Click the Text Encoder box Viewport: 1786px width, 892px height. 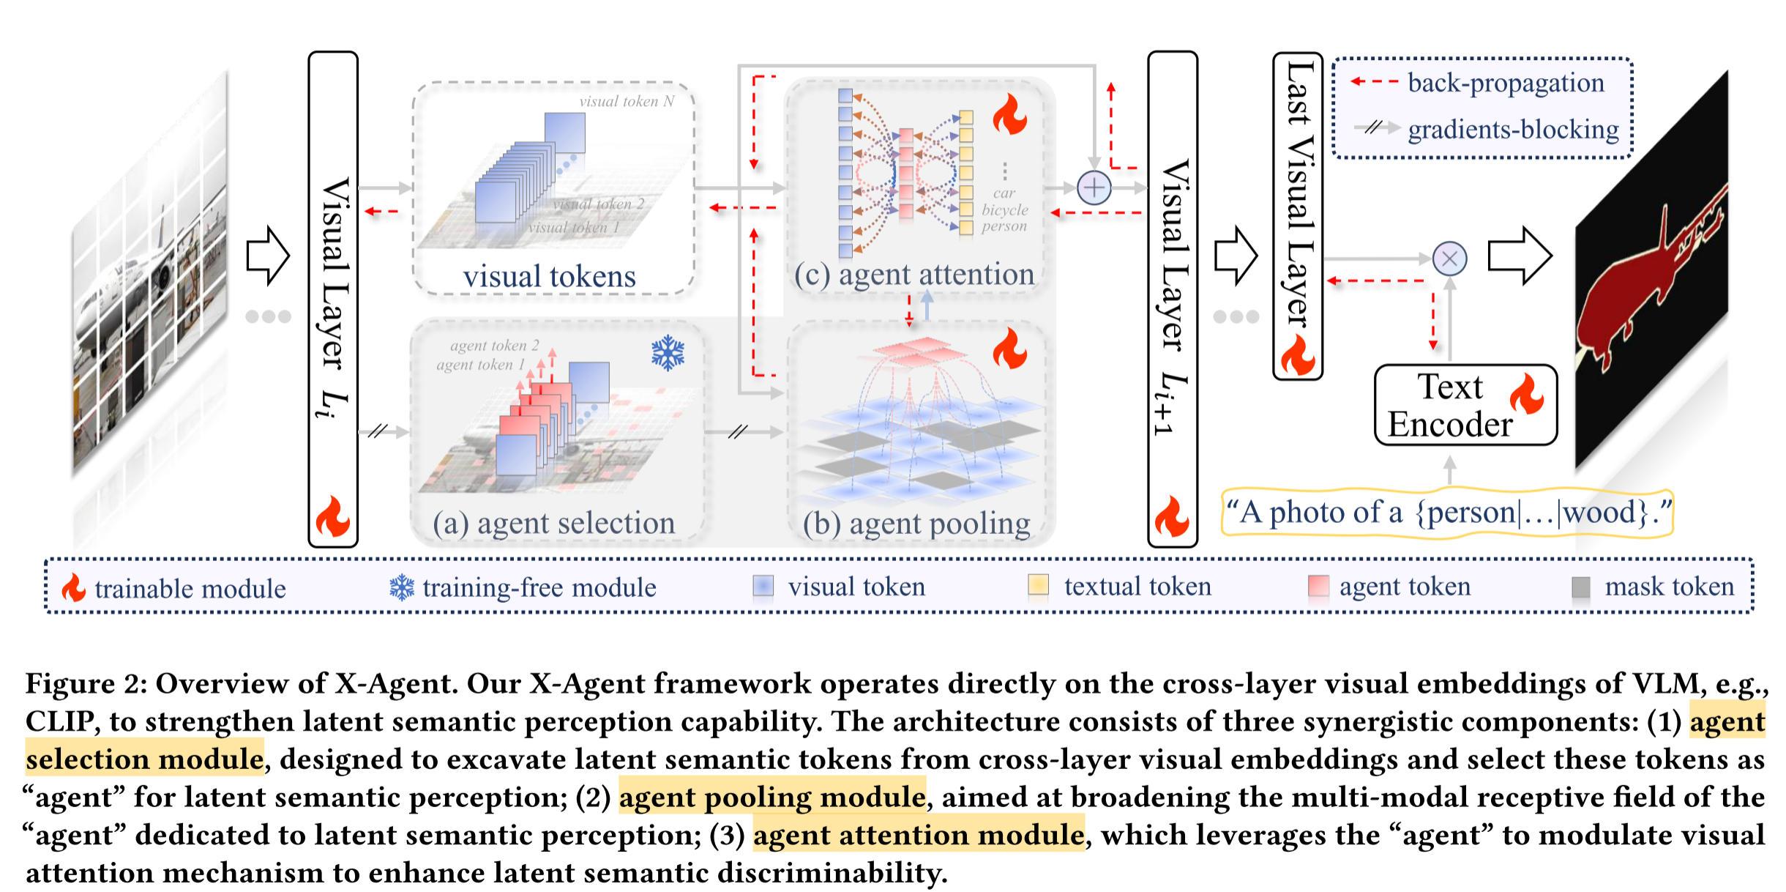(x=1465, y=405)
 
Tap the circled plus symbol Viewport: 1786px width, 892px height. (x=1094, y=188)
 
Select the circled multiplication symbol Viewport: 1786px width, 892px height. (x=1449, y=259)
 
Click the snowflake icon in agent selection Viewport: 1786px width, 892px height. (x=668, y=353)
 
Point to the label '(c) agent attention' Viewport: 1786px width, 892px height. (x=914, y=275)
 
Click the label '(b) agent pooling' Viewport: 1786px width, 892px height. (x=916, y=524)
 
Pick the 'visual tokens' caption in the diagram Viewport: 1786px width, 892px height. (x=549, y=277)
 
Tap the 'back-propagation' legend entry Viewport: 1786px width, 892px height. (x=1505, y=83)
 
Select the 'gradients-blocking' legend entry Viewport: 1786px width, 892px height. (x=1512, y=130)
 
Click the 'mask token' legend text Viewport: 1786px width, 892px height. (x=1669, y=587)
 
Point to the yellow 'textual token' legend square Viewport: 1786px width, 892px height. (x=1038, y=585)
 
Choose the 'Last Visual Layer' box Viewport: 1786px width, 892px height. (x=1298, y=216)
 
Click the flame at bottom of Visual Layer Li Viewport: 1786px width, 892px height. (x=333, y=516)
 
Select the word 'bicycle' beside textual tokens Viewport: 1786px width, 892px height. (x=1004, y=210)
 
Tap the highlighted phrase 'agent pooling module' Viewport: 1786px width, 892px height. (x=772, y=797)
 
